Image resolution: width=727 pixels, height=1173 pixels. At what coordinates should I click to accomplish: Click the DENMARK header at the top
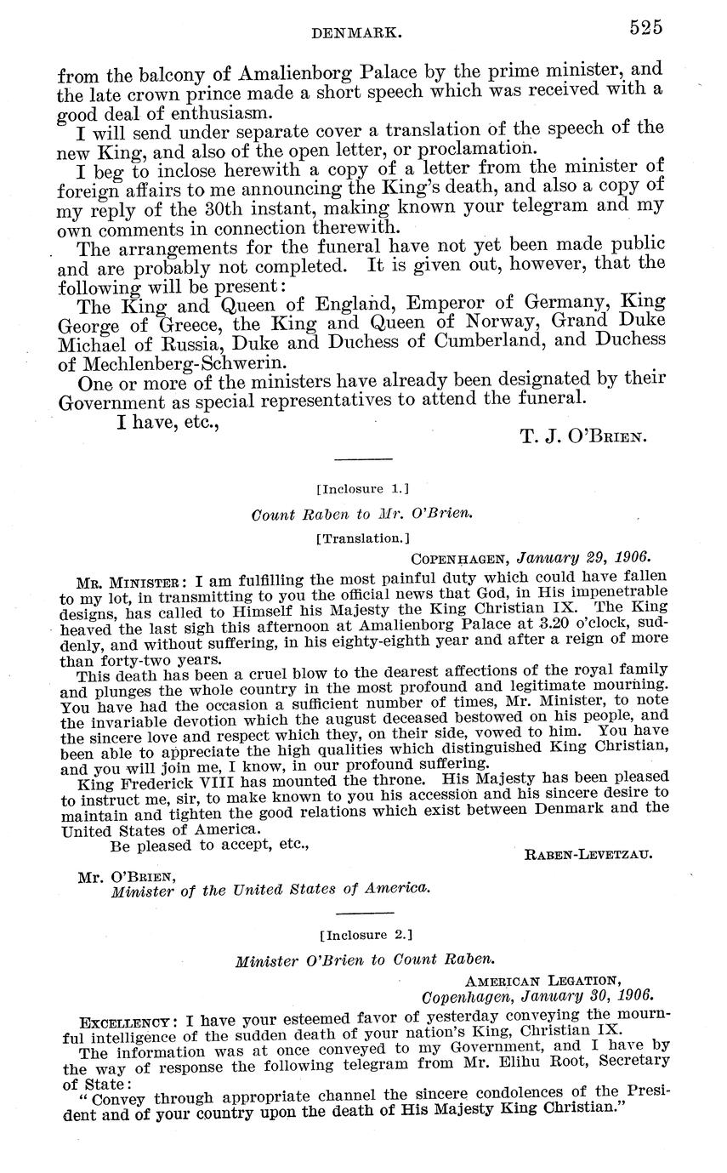(x=356, y=31)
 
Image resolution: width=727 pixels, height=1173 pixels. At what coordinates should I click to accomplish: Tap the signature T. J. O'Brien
(x=582, y=437)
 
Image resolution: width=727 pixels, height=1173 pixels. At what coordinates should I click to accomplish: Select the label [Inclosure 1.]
(x=363, y=489)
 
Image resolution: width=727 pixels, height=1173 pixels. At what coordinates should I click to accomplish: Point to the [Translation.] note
(x=363, y=538)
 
